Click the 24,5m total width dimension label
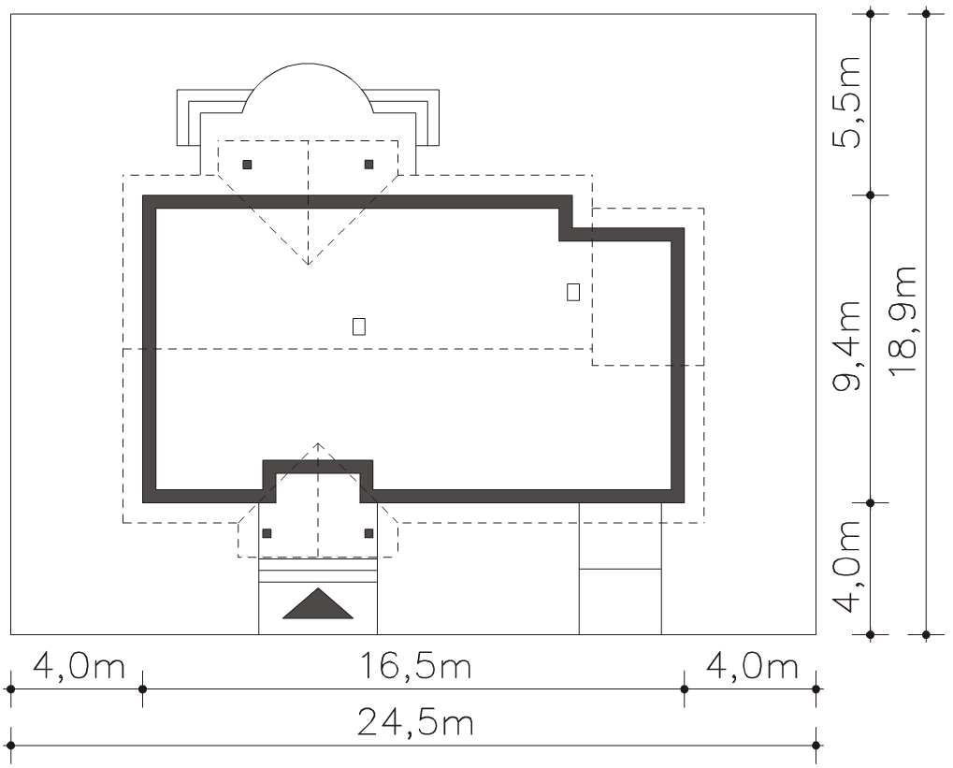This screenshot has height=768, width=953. [415, 723]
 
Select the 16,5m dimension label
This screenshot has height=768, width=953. [416, 666]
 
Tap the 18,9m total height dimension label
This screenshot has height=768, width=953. [902, 321]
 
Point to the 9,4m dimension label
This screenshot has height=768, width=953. [846, 344]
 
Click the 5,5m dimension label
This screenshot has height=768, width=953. [846, 102]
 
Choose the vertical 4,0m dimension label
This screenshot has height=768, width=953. [846, 566]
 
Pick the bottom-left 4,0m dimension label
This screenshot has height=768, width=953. [79, 666]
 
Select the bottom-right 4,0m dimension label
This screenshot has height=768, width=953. [752, 666]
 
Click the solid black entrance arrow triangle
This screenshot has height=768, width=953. [318, 603]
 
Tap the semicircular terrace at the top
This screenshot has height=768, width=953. [308, 64]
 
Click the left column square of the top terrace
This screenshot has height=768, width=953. [247, 165]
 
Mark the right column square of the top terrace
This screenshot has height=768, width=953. [368, 165]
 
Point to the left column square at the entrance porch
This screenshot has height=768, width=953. [267, 533]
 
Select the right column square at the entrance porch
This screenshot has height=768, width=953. [368, 533]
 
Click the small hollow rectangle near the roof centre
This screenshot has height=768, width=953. [358, 326]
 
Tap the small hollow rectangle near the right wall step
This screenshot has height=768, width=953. [572, 292]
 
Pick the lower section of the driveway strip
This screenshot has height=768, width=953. [620, 601]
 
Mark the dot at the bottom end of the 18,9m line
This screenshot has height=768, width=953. [926, 635]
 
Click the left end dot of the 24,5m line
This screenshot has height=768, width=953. [11, 745]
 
